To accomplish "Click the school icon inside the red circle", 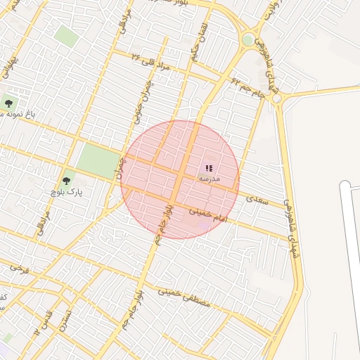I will pos(209,169).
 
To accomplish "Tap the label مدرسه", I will pos(210,179).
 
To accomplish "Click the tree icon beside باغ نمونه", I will pos(8,103).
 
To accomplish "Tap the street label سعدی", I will pos(258,200).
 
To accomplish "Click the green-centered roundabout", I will pos(248,40).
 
